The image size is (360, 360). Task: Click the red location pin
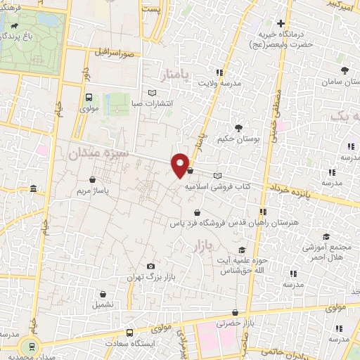[x=181, y=164]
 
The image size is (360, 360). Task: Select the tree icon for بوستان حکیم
[x=238, y=128]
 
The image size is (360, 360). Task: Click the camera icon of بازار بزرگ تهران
[x=150, y=266]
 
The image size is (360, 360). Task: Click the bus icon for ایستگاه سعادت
[x=129, y=333]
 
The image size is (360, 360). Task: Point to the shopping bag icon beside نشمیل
[x=103, y=295]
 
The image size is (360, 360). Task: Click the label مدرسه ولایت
[x=218, y=83]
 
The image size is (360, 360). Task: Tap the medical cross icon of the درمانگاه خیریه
[x=281, y=23]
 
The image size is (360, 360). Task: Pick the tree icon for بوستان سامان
[x=345, y=71]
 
